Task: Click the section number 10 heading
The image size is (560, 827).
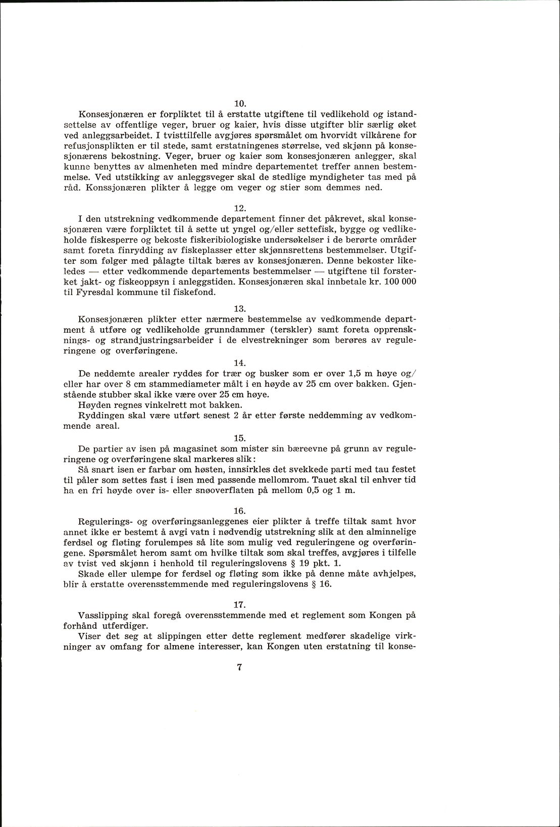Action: pos(240,104)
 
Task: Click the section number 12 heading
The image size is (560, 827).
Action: pos(240,208)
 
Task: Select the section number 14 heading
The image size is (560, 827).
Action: pos(240,363)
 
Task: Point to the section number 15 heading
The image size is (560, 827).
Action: pos(240,438)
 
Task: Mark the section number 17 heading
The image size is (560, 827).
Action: pos(240,605)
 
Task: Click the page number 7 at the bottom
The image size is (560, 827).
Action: pos(240,667)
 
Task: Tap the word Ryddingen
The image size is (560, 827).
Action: pos(101,415)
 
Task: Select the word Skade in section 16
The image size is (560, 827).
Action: pos(91,574)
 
